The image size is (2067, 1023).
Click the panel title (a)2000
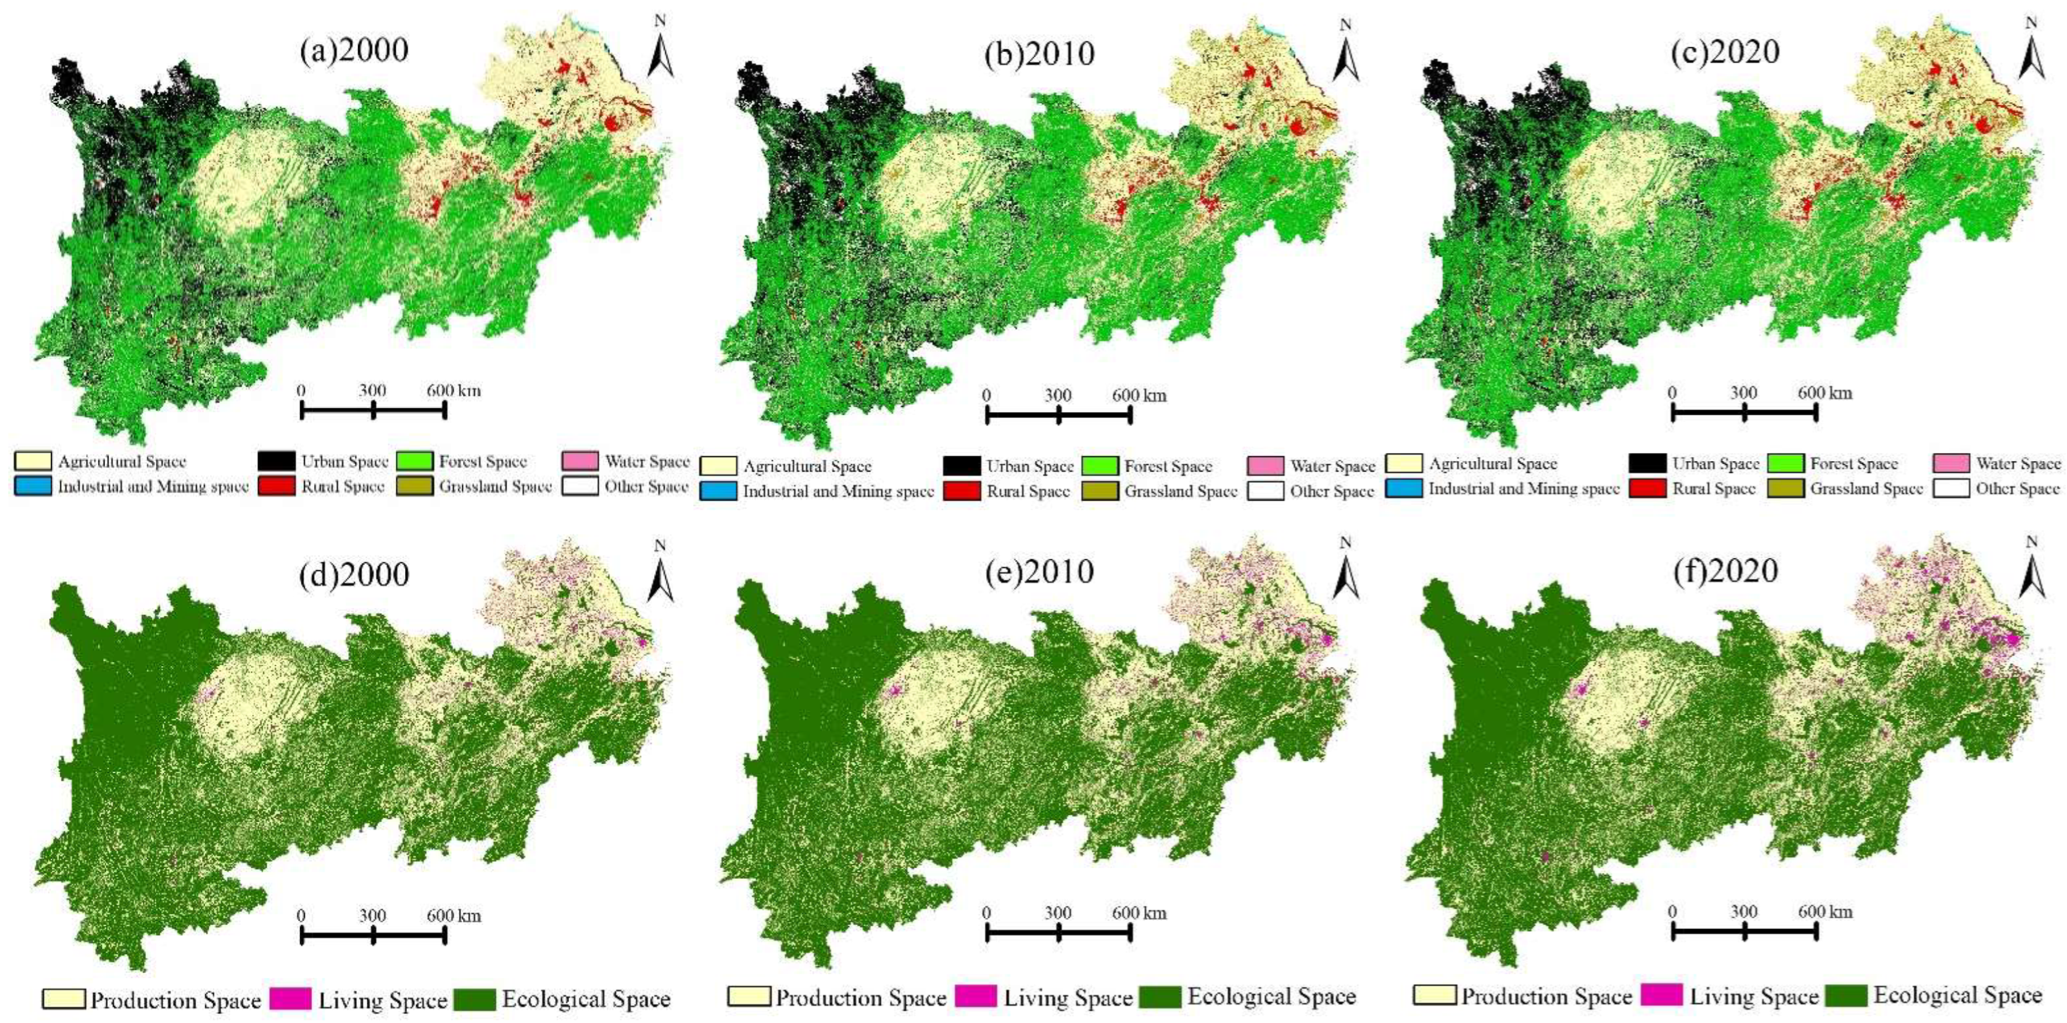click(x=354, y=50)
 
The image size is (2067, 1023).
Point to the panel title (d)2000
click(x=354, y=574)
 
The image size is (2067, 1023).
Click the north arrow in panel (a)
click(x=661, y=50)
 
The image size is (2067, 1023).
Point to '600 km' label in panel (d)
click(x=453, y=916)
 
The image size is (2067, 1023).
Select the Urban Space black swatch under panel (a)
click(x=275, y=461)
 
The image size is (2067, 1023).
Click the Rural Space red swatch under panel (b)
click(x=960, y=491)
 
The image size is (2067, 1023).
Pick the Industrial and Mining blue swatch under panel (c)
click(x=1404, y=488)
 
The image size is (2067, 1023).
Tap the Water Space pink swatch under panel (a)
click(x=580, y=461)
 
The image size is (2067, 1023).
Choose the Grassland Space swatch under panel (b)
click(x=1099, y=491)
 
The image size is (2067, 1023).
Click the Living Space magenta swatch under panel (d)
click(x=290, y=999)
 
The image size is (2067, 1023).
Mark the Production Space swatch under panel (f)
click(x=1434, y=995)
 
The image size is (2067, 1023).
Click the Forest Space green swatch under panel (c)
click(x=1786, y=464)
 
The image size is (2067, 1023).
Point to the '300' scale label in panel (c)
click(x=1743, y=393)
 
